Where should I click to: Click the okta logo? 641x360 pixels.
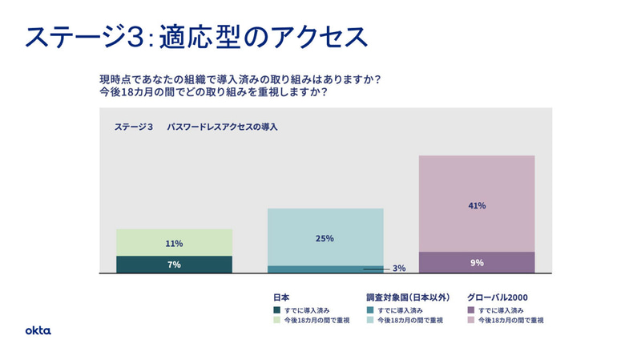tap(38, 330)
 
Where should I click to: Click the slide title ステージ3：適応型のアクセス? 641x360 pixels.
tap(196, 36)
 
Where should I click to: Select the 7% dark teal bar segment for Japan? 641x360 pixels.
tap(174, 265)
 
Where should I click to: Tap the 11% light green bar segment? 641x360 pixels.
tap(174, 243)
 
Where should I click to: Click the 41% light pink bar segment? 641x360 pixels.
tap(477, 204)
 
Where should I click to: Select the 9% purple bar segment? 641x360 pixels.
tap(477, 262)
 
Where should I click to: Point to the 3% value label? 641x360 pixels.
tap(399, 269)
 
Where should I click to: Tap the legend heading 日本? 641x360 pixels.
tap(281, 296)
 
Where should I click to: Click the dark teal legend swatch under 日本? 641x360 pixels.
tap(276, 309)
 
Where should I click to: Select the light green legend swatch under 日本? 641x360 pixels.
tap(276, 320)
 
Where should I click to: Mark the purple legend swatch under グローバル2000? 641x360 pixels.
tap(470, 309)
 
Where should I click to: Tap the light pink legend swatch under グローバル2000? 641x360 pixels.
tap(470, 320)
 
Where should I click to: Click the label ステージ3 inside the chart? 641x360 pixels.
tap(133, 127)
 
